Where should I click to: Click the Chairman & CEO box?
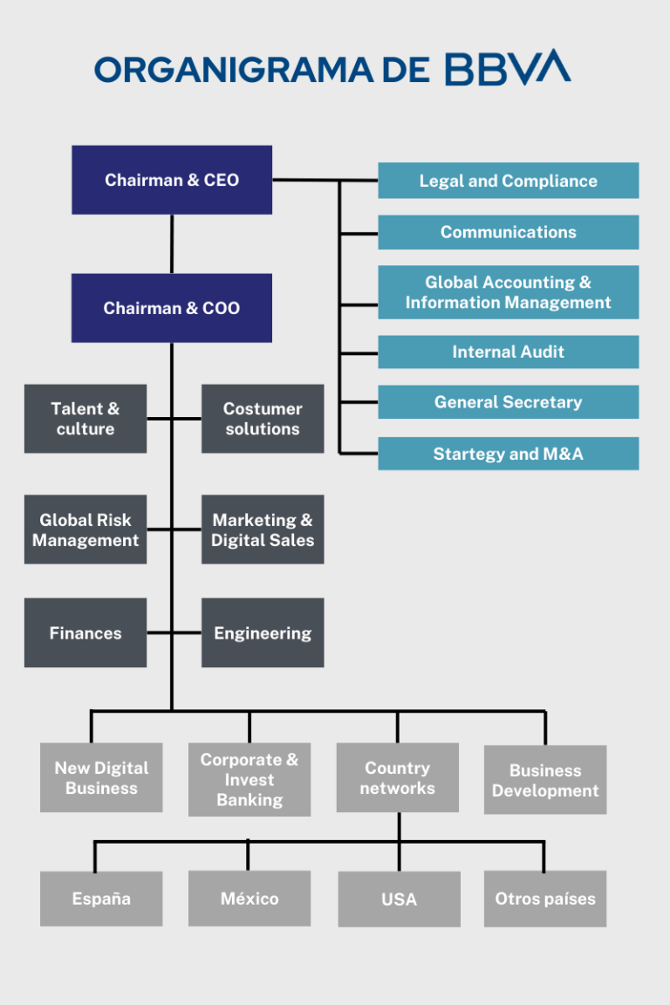pos(172,180)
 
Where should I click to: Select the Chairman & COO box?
pos(172,308)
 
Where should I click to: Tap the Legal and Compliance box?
pos(509,181)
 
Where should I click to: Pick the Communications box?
pos(509,232)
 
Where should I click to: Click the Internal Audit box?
pos(509,352)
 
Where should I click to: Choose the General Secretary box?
pos(509,402)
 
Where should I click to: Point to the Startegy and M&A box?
pos(509,454)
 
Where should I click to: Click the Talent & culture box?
pos(85,419)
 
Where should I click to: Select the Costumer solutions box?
pos(263,419)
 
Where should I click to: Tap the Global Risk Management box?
pos(85,530)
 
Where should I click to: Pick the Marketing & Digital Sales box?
pos(263,530)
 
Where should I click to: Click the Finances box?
pos(85,632)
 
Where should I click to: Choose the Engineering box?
pos(263,632)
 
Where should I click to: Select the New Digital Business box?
pos(101,777)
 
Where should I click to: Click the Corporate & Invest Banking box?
pos(250,779)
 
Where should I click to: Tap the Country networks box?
pos(398,777)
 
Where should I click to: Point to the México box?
pos(250,899)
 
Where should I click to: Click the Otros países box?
pos(545,899)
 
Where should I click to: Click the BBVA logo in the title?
pos(508,67)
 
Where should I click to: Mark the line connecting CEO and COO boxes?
pos(172,244)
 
